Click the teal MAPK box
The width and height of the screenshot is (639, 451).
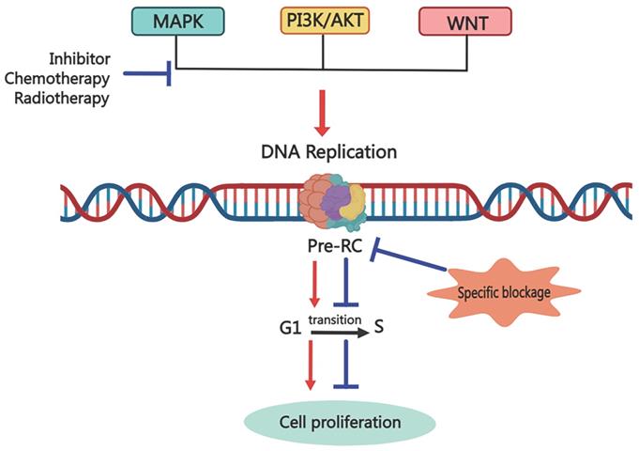click(177, 21)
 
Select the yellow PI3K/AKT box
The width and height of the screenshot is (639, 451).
click(323, 21)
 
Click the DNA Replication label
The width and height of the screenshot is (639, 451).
click(323, 149)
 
